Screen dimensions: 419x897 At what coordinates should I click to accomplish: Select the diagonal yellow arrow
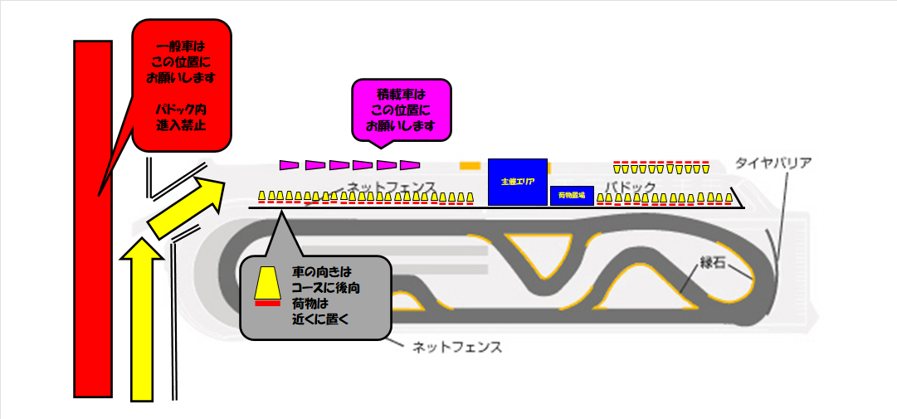point(186,203)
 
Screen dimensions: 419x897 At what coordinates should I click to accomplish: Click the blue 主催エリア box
point(517,181)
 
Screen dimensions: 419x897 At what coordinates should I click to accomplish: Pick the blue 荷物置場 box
point(572,196)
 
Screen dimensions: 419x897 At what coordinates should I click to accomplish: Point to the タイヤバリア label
point(773,163)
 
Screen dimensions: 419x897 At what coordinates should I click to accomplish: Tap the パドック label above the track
point(630,186)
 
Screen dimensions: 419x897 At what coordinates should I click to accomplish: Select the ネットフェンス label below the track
point(457,346)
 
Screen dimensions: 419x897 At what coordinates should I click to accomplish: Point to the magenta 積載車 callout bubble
point(401,109)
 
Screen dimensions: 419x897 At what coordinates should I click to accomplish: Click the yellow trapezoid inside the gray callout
point(266,283)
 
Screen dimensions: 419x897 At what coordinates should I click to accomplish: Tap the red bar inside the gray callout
point(266,304)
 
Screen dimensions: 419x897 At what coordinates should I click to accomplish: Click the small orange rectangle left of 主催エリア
point(470,165)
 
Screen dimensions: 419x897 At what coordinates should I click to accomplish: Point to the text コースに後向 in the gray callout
point(326,287)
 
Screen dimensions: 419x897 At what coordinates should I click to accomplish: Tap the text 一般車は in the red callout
point(181,47)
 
